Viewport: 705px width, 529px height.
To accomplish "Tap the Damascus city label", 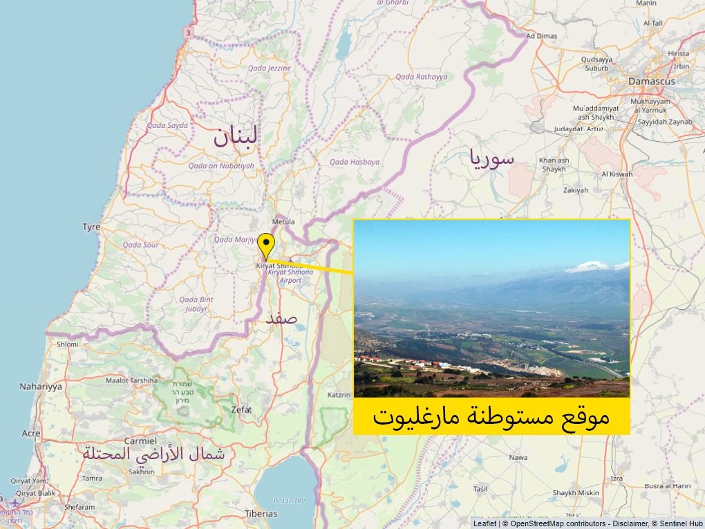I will (x=651, y=81).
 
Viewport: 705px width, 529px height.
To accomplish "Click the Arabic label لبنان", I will (x=235, y=136).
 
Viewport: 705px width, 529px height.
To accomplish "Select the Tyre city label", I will (x=91, y=227).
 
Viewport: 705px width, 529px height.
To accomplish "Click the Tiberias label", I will (x=261, y=514).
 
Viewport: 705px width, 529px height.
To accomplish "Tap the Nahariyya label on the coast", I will (x=41, y=387).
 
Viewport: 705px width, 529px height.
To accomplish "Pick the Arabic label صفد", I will (x=281, y=319).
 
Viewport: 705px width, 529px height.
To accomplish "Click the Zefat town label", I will (x=241, y=409).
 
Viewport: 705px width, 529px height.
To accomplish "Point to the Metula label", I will (x=283, y=221).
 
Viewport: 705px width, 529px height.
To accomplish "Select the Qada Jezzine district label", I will (x=269, y=68).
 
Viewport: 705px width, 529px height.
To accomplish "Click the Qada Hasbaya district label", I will (x=355, y=162).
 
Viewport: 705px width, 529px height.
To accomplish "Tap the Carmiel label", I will (x=140, y=440).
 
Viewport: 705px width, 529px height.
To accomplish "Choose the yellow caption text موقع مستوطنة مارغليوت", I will (x=491, y=416).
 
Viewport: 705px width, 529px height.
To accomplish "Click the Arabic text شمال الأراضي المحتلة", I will (x=153, y=454).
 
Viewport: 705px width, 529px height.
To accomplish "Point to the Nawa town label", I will (x=518, y=458).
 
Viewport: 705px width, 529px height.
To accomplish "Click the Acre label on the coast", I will (x=31, y=434).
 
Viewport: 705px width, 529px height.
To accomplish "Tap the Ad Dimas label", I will (x=541, y=36).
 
